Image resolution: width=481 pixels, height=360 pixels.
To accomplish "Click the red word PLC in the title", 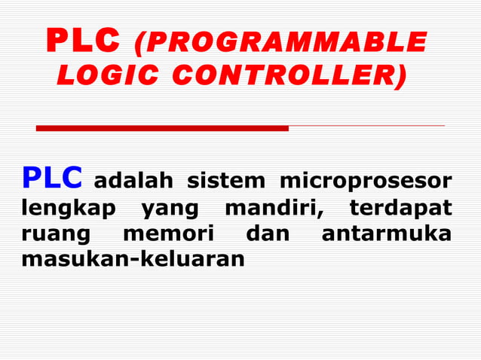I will (x=83, y=42).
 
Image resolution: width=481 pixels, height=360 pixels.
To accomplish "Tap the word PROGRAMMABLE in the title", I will (x=286, y=42).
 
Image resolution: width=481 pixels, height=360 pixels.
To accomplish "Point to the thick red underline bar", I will (x=162, y=128).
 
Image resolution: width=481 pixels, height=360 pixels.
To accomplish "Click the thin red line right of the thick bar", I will (x=366, y=126).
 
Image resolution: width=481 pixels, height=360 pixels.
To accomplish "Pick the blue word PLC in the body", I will (x=52, y=178).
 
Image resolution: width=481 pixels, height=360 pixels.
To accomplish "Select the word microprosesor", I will (x=366, y=182).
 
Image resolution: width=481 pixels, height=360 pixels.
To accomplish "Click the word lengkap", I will (x=69, y=208).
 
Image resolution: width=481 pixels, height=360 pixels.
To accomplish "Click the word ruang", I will (x=55, y=234).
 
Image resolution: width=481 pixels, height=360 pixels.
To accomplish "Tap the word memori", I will (x=168, y=233).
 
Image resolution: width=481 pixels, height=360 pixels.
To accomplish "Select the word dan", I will (x=268, y=233).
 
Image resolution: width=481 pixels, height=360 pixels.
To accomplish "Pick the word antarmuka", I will (x=387, y=233).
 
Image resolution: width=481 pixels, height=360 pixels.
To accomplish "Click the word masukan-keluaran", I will (x=133, y=260).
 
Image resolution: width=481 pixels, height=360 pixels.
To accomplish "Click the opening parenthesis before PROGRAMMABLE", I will (x=139, y=43).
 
